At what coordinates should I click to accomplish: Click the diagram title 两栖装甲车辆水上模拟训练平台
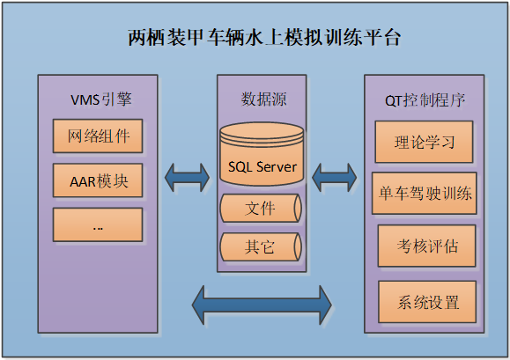[263, 38]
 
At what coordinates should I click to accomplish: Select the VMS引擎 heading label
[101, 99]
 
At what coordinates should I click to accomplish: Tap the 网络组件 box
[98, 136]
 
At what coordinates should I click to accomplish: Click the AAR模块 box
[98, 180]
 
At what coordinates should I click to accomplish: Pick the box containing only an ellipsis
[98, 224]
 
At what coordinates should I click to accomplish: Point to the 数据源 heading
[263, 99]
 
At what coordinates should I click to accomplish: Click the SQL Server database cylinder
[262, 154]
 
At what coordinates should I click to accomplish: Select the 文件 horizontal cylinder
[261, 209]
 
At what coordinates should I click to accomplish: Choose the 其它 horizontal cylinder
[261, 247]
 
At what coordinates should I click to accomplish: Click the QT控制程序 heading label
[425, 100]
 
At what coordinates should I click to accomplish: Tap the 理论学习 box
[425, 142]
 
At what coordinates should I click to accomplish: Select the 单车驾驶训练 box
[425, 194]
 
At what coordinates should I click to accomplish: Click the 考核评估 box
[426, 246]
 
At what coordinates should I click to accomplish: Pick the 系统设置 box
[427, 302]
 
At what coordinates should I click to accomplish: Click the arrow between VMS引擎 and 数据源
[188, 178]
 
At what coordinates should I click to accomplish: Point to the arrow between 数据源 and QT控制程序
[335, 178]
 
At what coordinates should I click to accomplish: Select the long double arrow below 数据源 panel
[262, 305]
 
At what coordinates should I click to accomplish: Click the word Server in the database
[277, 167]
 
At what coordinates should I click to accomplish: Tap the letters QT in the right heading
[394, 101]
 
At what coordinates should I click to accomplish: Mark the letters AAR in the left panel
[82, 181]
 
